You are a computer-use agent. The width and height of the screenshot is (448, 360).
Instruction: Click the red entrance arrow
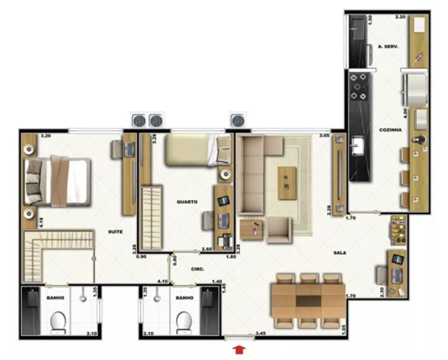pos(240,349)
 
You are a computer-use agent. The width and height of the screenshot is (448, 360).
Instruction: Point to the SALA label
pos(340,253)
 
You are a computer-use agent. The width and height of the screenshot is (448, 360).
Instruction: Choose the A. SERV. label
pos(388,47)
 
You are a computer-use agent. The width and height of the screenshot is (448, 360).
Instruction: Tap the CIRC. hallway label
pos(197,269)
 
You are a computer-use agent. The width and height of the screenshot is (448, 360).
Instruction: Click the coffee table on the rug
pos(287,183)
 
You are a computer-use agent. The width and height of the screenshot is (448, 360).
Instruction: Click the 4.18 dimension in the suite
pos(28,220)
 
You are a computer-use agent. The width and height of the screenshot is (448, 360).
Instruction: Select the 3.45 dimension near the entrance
pos(260,334)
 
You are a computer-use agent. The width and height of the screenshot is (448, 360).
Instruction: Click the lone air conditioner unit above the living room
pos(237,120)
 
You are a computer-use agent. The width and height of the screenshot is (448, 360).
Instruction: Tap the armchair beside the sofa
pos(279,229)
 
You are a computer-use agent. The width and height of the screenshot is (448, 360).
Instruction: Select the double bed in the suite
pos(58,181)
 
